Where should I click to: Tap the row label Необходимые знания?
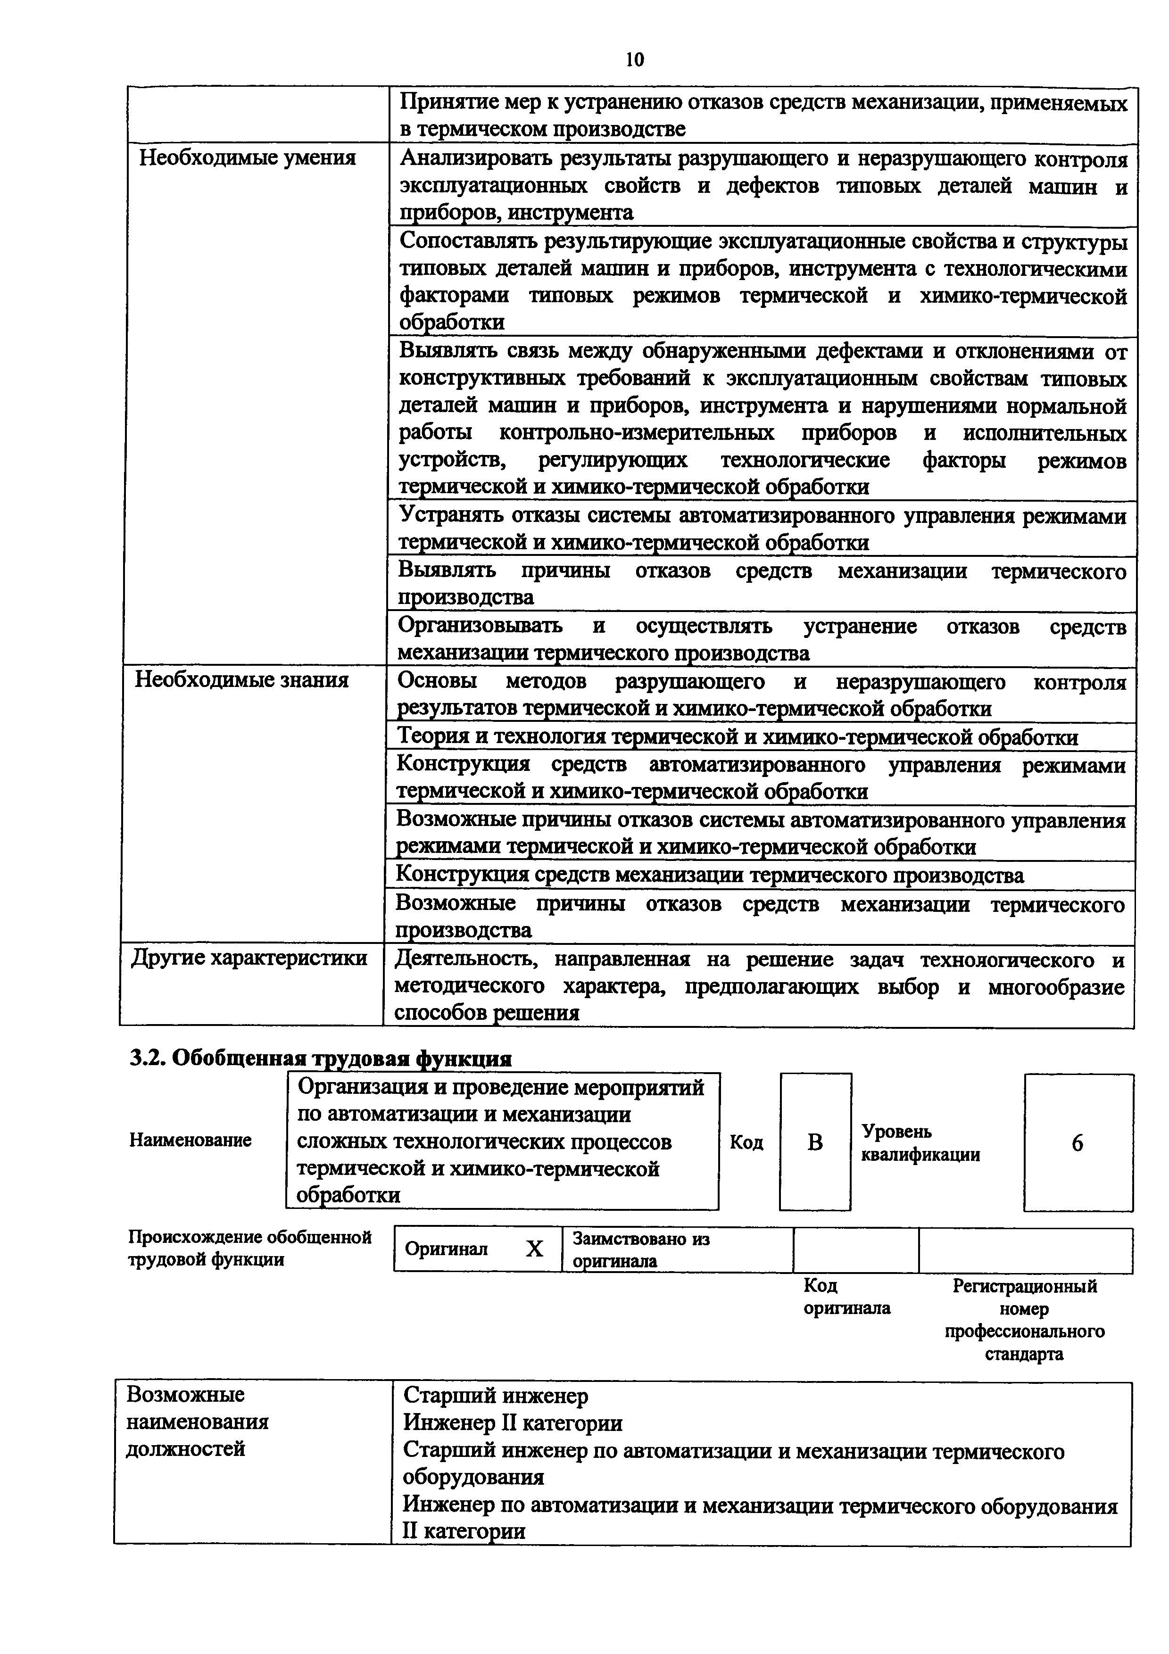point(242,679)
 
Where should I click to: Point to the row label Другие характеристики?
point(249,958)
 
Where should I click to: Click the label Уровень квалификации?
point(920,1143)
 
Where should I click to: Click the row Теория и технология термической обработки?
point(737,737)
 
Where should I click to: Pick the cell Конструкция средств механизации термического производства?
point(710,875)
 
